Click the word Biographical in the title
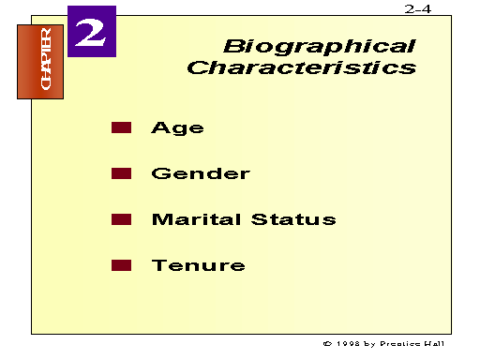(319, 46)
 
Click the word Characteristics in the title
(301, 68)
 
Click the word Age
(177, 128)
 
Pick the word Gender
(201, 173)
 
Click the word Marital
(196, 219)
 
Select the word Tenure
(199, 265)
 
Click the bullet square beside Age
(121, 127)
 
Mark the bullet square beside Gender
(121, 173)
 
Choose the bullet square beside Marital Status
(121, 219)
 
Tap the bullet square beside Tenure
(121, 265)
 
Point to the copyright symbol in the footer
(326, 344)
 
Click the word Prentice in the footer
(405, 344)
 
